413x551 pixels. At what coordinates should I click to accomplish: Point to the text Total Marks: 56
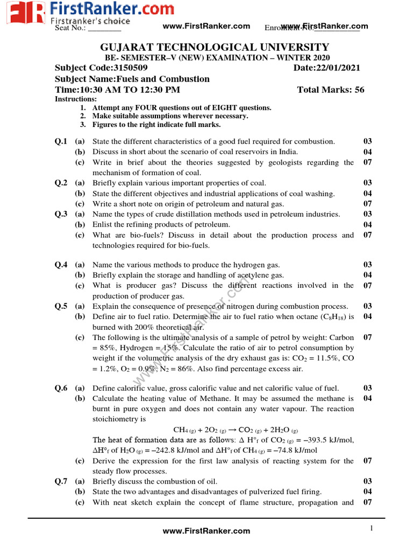331,89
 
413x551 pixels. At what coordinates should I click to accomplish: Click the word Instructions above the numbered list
76,99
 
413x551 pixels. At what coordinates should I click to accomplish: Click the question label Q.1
61,142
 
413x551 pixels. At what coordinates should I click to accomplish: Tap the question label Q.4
61,265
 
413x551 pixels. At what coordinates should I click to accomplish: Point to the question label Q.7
61,482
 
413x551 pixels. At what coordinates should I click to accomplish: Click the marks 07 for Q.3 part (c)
367,235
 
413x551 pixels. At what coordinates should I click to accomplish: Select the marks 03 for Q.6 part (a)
367,388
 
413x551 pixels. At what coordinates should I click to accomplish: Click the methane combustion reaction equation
236,430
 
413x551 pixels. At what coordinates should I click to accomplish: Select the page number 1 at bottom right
371,528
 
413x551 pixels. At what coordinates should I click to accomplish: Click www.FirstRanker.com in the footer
206,531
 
